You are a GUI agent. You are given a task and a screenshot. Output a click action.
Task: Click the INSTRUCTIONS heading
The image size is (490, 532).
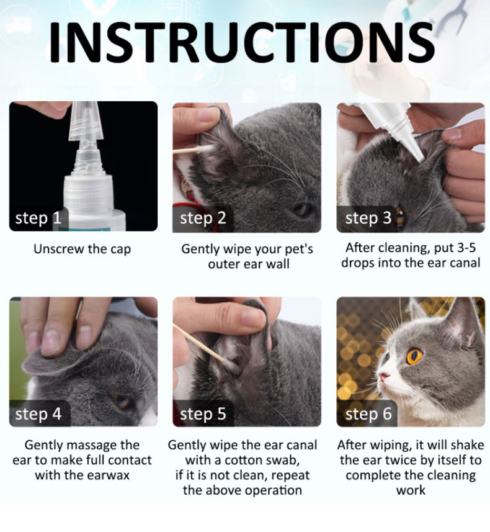pos(242,42)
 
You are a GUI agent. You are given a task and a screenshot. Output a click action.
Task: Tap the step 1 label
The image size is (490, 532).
pos(38,218)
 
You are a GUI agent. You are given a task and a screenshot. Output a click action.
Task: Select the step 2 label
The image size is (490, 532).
pos(203,218)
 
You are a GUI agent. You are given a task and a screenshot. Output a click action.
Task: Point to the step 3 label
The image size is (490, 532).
pos(368,218)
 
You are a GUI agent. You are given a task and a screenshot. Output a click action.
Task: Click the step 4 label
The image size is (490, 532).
pos(38,414)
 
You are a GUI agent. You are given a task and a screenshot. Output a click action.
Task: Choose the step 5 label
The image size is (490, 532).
pos(203,414)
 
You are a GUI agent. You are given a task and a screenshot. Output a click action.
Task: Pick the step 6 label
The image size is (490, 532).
pos(368,414)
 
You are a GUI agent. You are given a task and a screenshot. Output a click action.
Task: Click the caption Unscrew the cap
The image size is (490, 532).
pos(82,249)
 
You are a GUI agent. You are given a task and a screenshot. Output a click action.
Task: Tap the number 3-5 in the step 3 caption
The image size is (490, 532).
pos(466,248)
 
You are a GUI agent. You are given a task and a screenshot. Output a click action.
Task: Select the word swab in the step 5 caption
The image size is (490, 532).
pos(284,461)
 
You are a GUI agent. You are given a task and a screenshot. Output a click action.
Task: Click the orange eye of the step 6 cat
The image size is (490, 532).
pos(414,356)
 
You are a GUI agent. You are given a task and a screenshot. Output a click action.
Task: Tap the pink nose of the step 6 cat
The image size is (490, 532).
pos(383,376)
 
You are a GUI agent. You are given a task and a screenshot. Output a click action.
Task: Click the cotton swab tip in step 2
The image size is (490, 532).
pos(207,148)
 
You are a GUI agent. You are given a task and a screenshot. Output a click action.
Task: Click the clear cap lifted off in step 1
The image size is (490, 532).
pos(86,121)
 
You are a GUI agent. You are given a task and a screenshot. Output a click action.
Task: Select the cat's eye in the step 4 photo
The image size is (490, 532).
pos(122,401)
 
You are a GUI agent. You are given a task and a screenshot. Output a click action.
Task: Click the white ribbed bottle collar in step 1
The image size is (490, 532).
pos(88,192)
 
